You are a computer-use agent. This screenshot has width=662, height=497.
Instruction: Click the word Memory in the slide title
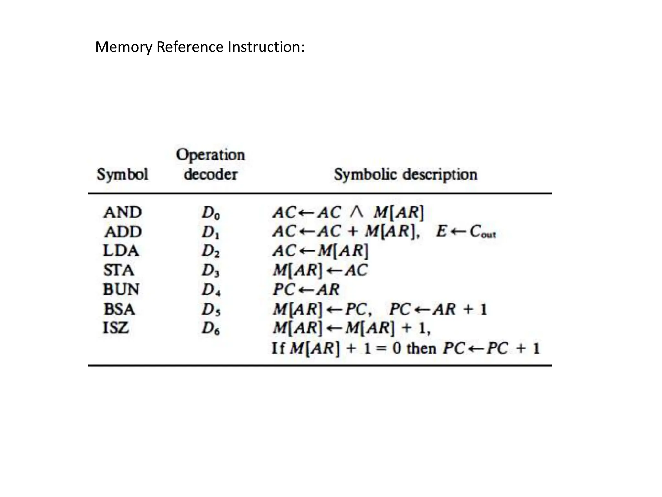pos(123,47)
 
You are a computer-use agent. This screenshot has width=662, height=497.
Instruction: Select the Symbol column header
pos(122,174)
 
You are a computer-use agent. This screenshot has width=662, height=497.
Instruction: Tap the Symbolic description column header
pos(405,174)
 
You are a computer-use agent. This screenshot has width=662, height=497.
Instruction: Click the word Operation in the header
pos(210,155)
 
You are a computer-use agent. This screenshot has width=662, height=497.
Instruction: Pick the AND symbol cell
pos(123,213)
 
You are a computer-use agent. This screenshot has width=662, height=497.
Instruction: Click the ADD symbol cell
pos(123,232)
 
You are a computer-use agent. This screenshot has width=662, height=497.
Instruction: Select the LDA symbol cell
pos(121,251)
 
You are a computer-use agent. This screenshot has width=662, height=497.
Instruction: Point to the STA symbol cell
pos(119,270)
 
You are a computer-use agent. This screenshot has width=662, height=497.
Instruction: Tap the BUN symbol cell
pos(121,289)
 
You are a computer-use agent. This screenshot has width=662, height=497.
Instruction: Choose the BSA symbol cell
pos(119,309)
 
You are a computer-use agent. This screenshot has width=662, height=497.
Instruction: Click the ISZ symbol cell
pos(116,328)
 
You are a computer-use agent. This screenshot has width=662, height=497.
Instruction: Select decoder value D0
pos(211,213)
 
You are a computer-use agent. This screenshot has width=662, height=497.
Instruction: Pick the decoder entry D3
pos(210,271)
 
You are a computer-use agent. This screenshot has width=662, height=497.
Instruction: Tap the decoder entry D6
pos(211,328)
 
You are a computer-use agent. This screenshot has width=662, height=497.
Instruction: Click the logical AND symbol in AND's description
pos(357,213)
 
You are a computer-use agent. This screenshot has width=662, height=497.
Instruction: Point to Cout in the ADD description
pos(482,232)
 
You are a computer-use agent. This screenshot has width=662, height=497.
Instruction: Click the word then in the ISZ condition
pos(421,348)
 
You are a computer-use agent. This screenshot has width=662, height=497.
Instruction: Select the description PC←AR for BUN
pos(306,289)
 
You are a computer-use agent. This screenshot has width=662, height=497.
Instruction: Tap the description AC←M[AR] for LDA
pos(320,251)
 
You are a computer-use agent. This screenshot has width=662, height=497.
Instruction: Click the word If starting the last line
pos(278,348)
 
